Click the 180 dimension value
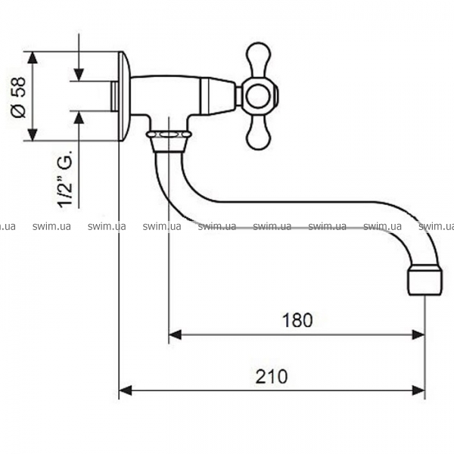click(x=297, y=320)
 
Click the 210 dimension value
click(x=272, y=376)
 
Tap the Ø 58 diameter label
click(x=18, y=98)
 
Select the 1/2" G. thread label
click(x=65, y=179)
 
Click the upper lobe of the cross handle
click(x=258, y=60)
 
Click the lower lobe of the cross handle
click(x=259, y=132)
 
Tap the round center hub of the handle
click(x=258, y=96)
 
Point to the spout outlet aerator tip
click(x=425, y=281)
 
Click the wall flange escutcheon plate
click(x=125, y=96)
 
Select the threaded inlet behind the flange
click(x=115, y=96)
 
